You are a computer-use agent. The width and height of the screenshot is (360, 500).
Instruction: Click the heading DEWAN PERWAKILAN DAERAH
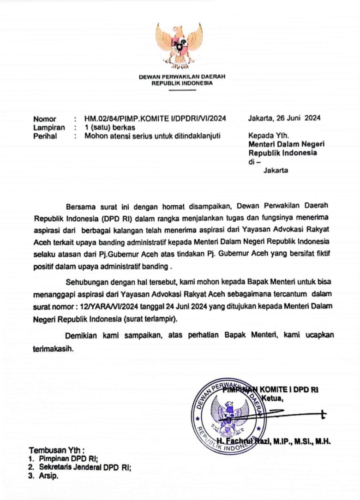[182, 77]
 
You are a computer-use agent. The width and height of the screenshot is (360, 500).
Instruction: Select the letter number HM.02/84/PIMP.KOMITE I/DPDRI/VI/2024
[155, 119]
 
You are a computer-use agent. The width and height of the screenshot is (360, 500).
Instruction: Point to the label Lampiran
[49, 127]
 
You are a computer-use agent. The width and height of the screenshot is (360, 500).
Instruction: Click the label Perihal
[45, 136]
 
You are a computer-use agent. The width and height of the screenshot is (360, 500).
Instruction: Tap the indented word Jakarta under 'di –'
[276, 170]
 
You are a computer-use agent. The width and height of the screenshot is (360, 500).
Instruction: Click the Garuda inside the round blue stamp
[229, 415]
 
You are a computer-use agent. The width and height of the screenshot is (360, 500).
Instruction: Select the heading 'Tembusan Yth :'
[57, 450]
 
